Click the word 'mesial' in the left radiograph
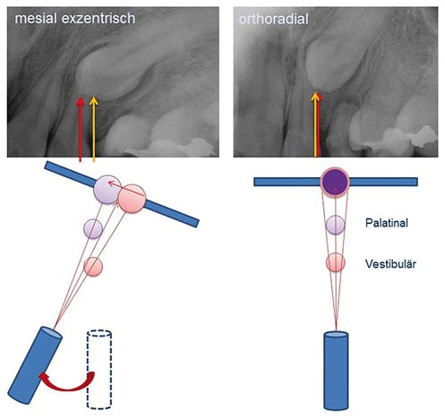(x=36, y=19)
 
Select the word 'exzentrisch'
(x=98, y=19)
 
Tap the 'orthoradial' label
(x=273, y=19)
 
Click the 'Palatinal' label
(x=387, y=223)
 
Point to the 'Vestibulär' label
(x=390, y=264)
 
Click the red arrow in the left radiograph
(x=80, y=130)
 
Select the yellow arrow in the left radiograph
(x=94, y=130)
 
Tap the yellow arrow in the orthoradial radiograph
(x=315, y=124)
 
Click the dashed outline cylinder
(x=99, y=369)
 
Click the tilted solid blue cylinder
(x=35, y=365)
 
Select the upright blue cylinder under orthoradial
(x=336, y=371)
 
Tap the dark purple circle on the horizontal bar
(x=336, y=181)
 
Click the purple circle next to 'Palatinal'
(x=336, y=225)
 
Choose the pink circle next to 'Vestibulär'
(x=336, y=262)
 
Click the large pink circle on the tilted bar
(x=132, y=199)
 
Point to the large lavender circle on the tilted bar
(x=107, y=190)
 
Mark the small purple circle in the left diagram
(x=93, y=229)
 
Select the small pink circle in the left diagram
(x=93, y=267)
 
